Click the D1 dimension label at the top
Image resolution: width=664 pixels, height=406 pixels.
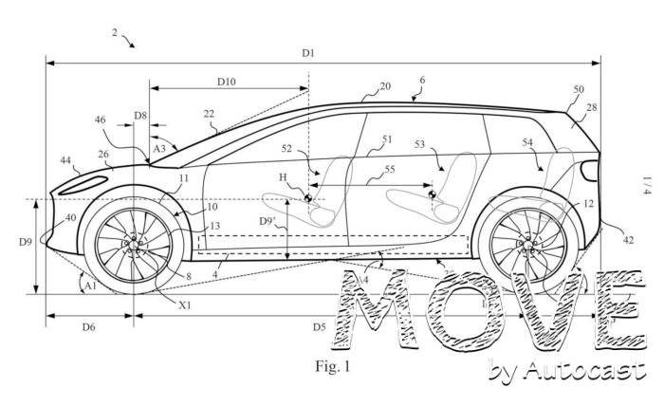[x=308, y=53]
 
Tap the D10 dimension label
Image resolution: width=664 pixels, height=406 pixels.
[x=226, y=82]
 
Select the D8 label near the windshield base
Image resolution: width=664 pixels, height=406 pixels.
[x=139, y=115]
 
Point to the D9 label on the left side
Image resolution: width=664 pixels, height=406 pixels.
[x=26, y=242]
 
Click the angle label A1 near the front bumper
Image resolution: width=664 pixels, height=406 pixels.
[x=90, y=284]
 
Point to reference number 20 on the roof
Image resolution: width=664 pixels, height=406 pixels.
[x=384, y=86]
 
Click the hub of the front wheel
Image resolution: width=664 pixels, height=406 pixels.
[x=134, y=245]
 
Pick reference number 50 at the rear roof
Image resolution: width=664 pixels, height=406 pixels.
[x=579, y=90]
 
